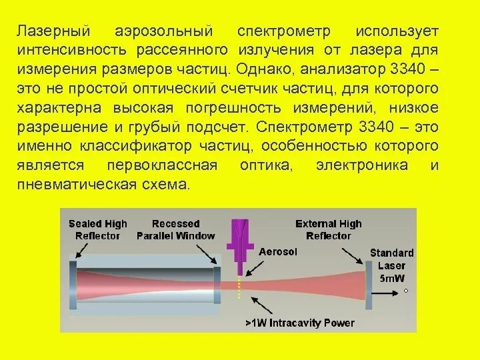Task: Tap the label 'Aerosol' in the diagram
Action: (x=277, y=252)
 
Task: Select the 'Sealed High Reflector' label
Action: (x=97, y=229)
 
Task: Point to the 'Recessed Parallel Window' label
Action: (x=175, y=229)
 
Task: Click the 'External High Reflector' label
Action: (x=328, y=229)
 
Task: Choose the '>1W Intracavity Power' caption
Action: (x=299, y=323)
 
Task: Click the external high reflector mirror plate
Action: (x=368, y=281)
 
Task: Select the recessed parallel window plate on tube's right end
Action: (x=217, y=280)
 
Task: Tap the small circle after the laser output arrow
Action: (x=405, y=291)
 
